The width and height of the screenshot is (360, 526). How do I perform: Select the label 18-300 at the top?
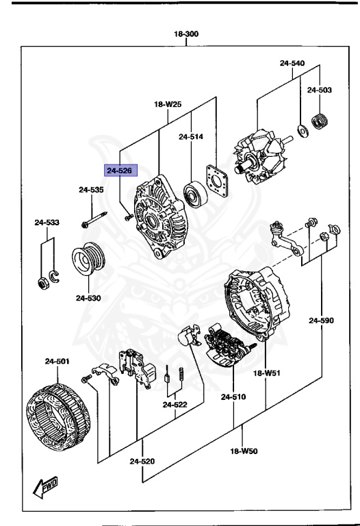click(186, 34)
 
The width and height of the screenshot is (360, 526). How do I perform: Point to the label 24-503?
click(319, 90)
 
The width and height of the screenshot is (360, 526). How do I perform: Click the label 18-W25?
click(168, 105)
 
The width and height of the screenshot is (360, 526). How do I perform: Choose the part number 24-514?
click(191, 136)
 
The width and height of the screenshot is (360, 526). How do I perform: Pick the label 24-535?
click(91, 190)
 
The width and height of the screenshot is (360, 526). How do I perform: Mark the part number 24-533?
click(48, 222)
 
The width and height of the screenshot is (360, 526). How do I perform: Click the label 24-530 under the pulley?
click(88, 298)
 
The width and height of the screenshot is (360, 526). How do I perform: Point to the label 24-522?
click(175, 405)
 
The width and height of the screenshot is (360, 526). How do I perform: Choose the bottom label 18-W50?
click(243, 452)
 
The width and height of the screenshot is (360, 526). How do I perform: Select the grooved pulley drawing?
click(88, 262)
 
